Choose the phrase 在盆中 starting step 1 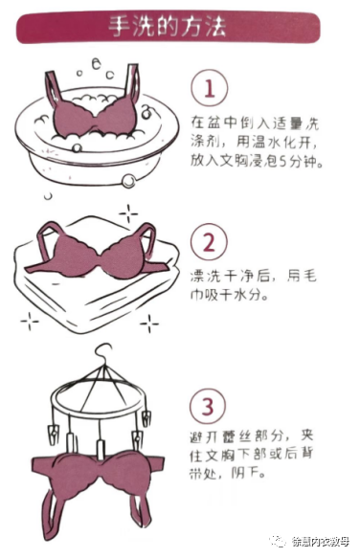point(207,123)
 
